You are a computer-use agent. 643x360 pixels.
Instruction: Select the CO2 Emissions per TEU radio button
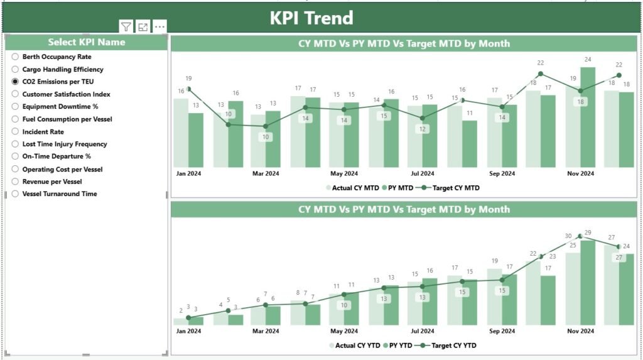16,82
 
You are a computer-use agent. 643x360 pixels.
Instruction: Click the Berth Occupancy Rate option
16,57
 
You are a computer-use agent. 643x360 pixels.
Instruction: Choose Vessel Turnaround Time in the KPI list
16,194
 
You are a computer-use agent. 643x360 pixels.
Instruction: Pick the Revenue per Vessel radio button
16,182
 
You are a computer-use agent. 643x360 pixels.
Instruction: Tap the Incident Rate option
16,132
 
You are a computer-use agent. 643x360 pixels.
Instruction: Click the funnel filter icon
126,26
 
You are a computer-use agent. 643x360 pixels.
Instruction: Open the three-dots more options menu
160,26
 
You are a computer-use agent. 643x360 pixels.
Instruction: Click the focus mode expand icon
143,26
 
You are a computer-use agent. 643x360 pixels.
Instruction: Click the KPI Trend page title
311,18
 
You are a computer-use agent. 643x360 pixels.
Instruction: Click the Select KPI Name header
87,42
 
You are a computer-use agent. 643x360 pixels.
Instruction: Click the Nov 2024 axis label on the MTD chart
580,173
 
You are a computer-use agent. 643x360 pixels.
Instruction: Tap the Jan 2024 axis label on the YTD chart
188,330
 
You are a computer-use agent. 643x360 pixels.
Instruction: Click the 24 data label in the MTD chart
588,60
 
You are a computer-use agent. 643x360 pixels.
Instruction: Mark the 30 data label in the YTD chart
568,236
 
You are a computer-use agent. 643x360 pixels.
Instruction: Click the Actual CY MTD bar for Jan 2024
181,133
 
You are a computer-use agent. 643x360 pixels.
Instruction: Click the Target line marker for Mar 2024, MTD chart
266,126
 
